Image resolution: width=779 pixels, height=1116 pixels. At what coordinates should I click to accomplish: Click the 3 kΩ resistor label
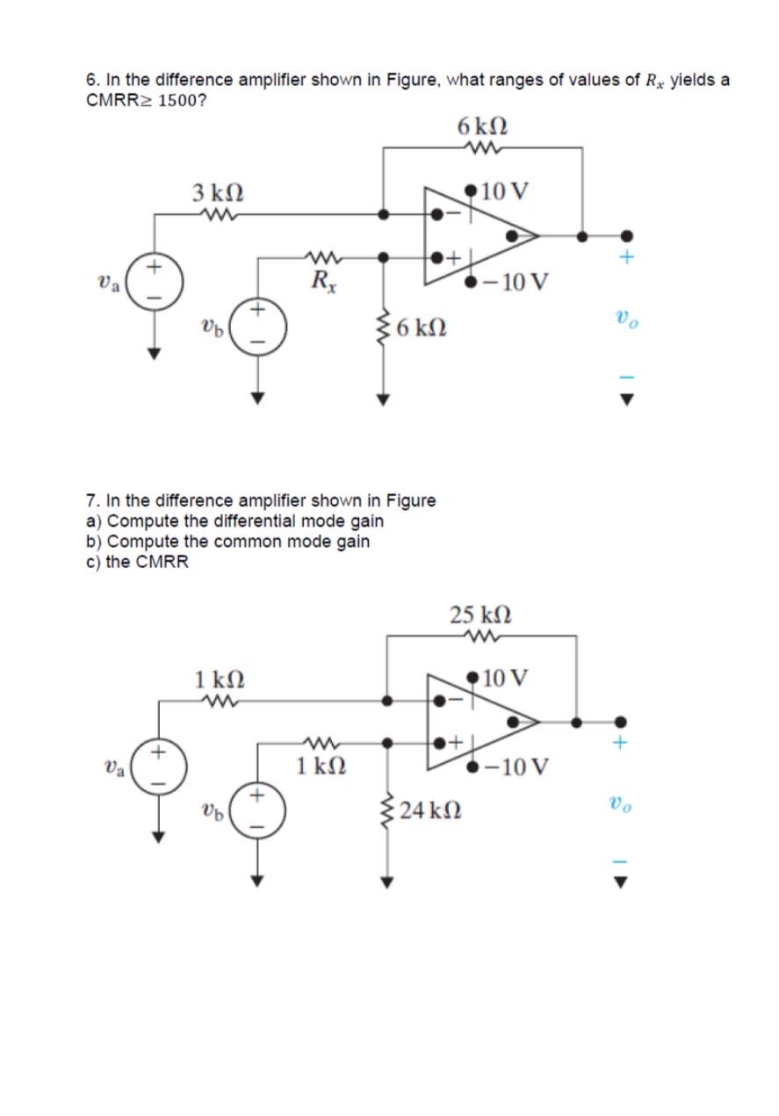point(218,191)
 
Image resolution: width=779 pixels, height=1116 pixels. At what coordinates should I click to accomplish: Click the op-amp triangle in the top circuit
point(474,235)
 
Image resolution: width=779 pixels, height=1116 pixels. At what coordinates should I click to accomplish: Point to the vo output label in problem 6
point(625,322)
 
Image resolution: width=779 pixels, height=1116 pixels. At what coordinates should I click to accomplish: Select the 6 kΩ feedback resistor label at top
point(482,126)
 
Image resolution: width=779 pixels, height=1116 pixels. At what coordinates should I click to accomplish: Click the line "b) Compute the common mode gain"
point(227,542)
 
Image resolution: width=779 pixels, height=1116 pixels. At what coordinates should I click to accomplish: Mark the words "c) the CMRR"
point(137,562)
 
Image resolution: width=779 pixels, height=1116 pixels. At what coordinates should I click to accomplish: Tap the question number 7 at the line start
point(91,500)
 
